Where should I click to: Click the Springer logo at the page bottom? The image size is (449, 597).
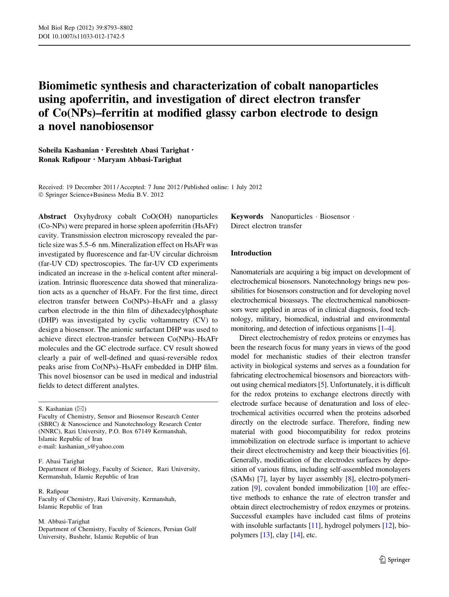394,560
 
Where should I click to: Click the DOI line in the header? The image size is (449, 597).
81,37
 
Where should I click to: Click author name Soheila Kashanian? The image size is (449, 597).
68,150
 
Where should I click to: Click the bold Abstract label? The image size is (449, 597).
52,217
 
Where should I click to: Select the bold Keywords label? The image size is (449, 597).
247,217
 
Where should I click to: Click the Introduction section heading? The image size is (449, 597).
251,253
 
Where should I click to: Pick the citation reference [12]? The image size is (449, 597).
388,526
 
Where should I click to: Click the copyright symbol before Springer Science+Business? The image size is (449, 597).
41,195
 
